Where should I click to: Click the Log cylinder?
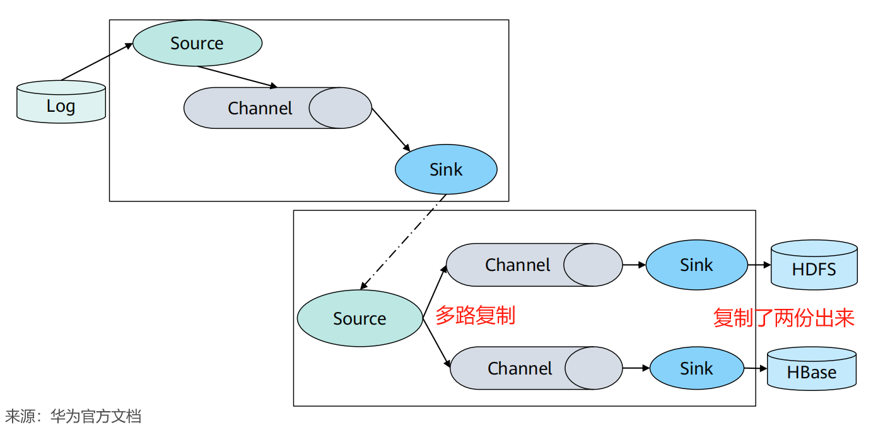pos(61,102)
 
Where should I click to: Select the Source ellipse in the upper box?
pos(197,43)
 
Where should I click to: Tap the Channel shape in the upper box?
pos(278,108)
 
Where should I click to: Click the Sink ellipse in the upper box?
pos(446,169)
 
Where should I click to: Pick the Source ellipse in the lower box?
pos(360,318)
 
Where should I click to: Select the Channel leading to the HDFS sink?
pos(534,265)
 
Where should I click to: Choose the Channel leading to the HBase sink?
pos(536,368)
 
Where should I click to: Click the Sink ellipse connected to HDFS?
pos(696,265)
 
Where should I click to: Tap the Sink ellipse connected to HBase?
pos(696,368)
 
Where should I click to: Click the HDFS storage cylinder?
pos(814,265)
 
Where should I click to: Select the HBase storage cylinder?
pos(811,368)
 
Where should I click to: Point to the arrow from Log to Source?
pos(97,62)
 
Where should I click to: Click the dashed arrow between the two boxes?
pos(403,242)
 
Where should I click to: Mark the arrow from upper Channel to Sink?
pos(391,130)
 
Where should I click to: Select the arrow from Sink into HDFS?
pos(759,265)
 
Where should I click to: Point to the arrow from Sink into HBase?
pos(755,368)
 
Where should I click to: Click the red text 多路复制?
pos(475,315)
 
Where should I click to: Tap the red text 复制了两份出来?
pos(783,318)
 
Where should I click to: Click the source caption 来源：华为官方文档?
pos(73,416)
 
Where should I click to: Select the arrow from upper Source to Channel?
pos(238,76)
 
